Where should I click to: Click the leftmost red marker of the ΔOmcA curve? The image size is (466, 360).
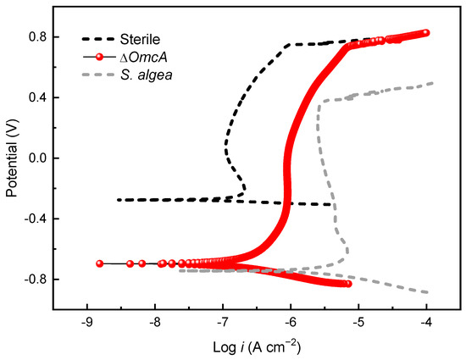[x=100, y=263]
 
